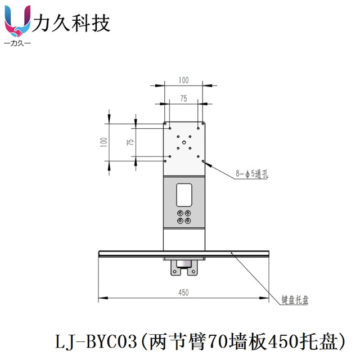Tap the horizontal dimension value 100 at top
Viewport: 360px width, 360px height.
coord(183,80)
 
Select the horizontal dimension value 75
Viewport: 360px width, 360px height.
coord(183,98)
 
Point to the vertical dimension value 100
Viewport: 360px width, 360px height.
coord(103,142)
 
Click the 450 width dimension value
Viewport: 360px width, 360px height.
coord(183,292)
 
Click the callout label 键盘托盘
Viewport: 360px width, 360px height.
coord(295,300)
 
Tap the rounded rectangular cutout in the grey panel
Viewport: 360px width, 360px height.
coord(184,193)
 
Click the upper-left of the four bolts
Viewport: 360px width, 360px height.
coord(179,213)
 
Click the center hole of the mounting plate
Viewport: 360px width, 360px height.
coord(183,142)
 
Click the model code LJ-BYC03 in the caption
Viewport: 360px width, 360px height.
coord(96,341)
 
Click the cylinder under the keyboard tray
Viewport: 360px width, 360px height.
coord(183,263)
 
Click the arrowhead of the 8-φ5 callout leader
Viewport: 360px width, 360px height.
coord(205,163)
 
